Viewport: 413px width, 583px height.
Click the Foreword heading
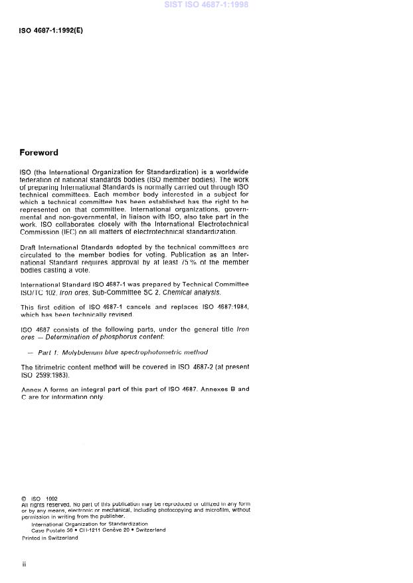pyautogui.click(x=39, y=152)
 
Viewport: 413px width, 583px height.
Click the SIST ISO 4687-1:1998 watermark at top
pyautogui.click(x=206, y=5)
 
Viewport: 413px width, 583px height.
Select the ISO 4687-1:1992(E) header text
pyautogui.click(x=51, y=31)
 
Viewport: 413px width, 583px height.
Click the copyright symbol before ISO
pyautogui.click(x=23, y=499)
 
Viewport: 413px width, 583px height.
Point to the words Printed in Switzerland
pyautogui.click(x=50, y=538)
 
